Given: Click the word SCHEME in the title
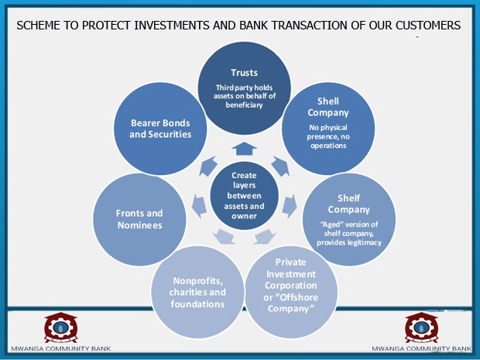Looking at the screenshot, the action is click(38, 25).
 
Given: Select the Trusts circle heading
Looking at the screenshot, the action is click(244, 73).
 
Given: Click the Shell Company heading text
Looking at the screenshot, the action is click(327, 107).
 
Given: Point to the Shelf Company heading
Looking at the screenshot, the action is click(348, 204).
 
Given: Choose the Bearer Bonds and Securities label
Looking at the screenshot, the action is click(160, 129).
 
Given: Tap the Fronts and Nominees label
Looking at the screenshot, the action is click(139, 219).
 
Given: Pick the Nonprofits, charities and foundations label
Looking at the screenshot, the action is click(197, 293).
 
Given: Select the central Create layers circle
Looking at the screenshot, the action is click(244, 196).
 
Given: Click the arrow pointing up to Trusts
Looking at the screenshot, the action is click(244, 149).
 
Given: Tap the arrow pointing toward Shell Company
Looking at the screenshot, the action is click(280, 166).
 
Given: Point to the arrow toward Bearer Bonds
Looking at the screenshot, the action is click(207, 166).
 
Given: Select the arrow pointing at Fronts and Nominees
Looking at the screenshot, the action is click(199, 206).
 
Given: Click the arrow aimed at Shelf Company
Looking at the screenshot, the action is click(289, 206).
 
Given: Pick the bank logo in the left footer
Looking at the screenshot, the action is click(60, 327).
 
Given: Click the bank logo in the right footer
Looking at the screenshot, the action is click(421, 327).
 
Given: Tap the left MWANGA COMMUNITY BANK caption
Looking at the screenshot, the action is click(60, 348).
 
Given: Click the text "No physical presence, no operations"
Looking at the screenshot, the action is click(328, 136).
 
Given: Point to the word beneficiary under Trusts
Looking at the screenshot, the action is click(244, 105).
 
